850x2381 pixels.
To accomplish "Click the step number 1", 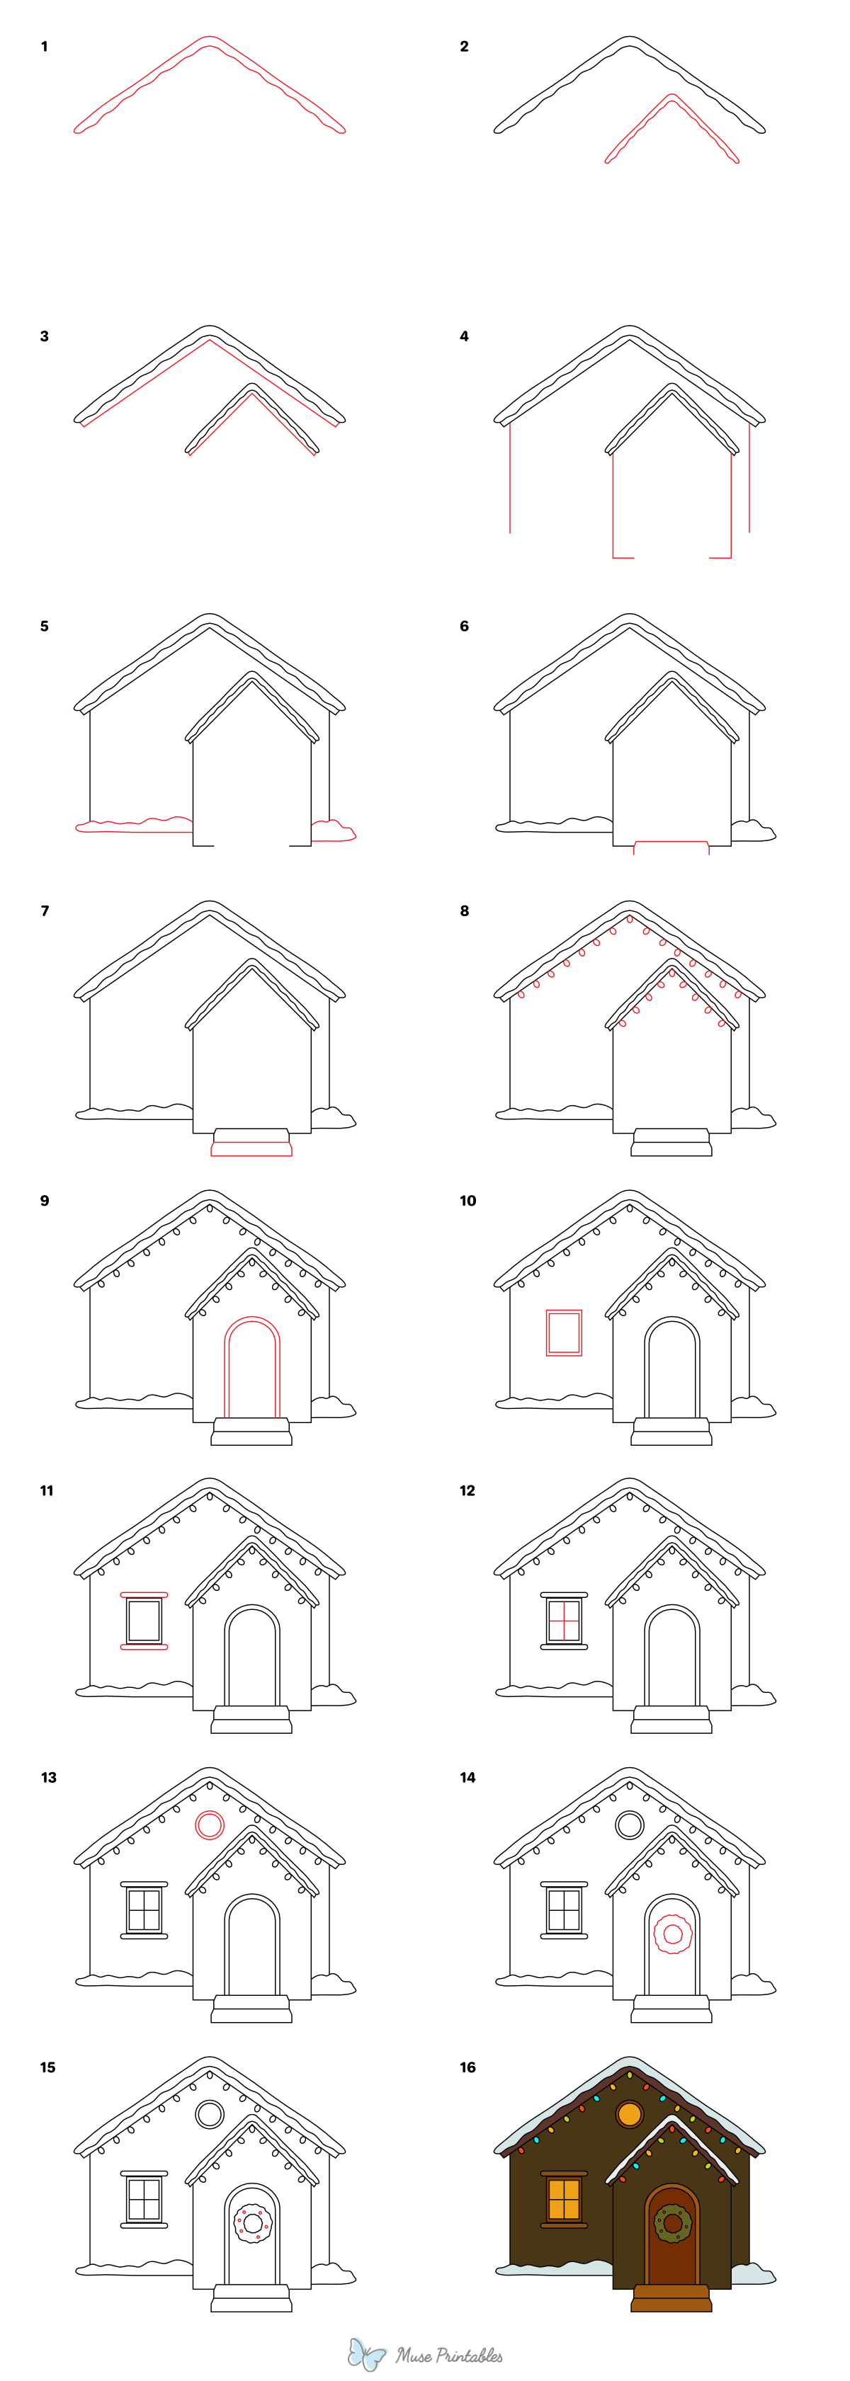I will [x=45, y=46].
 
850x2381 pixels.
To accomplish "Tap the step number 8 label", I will [x=464, y=910].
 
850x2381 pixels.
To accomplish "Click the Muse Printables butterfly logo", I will [x=366, y=2354].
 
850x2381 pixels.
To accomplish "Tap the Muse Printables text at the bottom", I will [x=450, y=2355].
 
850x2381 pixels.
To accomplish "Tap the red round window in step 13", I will [x=210, y=1825].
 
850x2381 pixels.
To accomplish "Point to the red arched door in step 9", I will [x=251, y=1367].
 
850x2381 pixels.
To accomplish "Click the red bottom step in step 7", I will [x=251, y=1149].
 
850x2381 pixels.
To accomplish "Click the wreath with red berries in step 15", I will [x=252, y=2223].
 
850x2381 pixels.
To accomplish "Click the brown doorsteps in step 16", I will [x=671, y=2299].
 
